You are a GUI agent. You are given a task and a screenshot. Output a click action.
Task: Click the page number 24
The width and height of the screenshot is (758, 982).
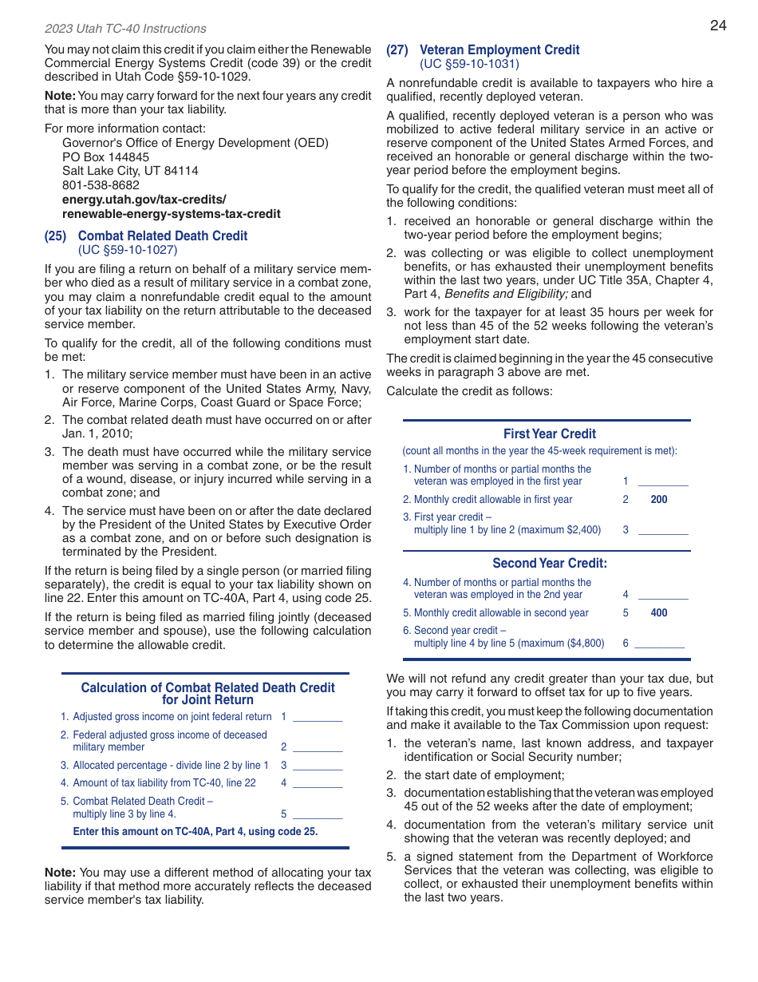718,26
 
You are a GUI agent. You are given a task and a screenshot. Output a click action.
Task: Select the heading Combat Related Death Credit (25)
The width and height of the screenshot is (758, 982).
162,236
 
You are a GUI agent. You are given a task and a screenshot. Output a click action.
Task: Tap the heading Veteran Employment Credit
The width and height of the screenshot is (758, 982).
499,49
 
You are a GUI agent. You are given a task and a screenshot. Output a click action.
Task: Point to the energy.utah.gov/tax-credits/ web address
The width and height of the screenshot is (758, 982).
144,200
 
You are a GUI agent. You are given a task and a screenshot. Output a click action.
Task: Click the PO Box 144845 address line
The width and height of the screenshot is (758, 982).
105,157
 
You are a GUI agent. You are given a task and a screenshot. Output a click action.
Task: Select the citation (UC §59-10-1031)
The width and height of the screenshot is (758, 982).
469,64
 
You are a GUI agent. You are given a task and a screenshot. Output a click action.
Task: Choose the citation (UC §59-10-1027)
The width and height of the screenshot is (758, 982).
128,250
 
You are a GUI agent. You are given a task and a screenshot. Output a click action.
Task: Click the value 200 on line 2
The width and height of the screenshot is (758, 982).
659,500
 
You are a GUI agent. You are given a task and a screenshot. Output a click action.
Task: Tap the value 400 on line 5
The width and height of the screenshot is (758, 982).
659,613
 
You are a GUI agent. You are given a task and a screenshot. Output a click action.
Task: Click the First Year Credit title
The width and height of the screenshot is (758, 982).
549,434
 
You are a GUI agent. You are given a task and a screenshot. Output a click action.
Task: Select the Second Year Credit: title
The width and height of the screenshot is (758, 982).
549,564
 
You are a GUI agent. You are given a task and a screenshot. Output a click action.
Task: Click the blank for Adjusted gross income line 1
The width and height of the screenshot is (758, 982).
318,717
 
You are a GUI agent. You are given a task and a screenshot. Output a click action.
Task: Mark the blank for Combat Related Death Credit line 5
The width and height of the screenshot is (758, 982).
318,814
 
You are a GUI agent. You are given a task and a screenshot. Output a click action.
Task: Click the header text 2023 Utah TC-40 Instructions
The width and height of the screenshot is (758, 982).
125,29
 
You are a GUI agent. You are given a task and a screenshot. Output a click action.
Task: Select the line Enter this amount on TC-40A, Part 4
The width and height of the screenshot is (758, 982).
195,831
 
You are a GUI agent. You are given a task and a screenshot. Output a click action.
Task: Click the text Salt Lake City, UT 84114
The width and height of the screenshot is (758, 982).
130,171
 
